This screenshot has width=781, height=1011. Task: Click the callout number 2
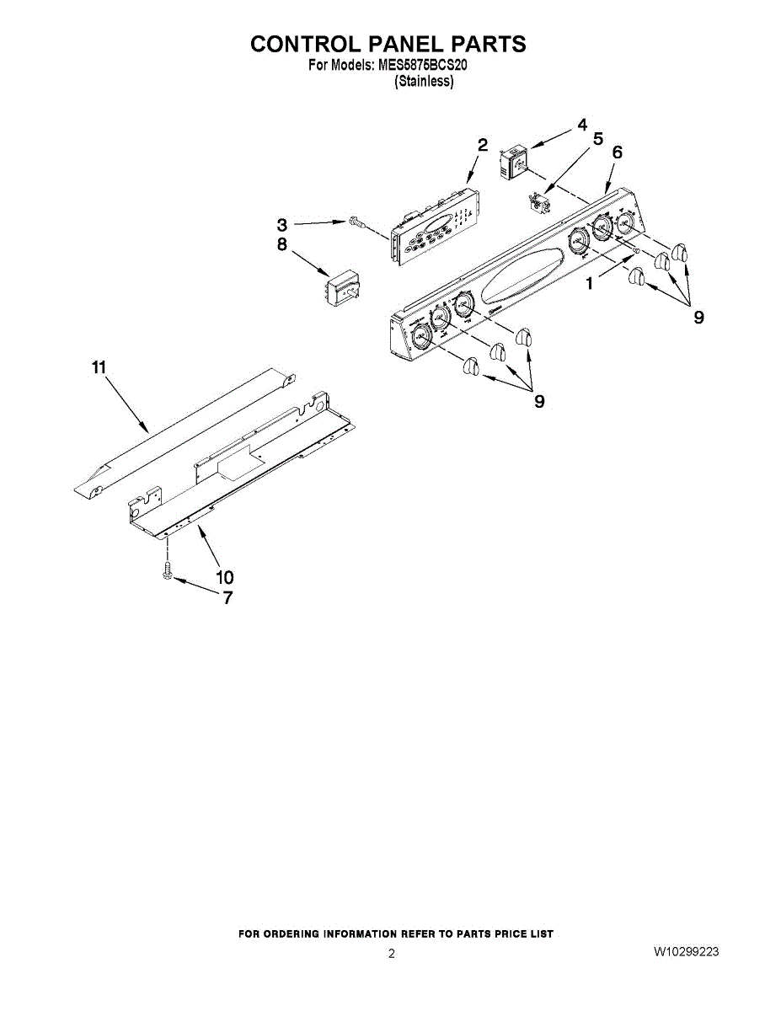(483, 144)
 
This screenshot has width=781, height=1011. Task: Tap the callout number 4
(582, 125)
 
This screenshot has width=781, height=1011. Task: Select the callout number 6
(618, 152)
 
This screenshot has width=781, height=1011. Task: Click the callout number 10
(224, 577)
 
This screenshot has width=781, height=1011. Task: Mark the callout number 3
(281, 225)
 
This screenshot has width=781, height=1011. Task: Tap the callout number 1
(590, 284)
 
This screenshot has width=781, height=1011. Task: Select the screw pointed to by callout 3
(355, 222)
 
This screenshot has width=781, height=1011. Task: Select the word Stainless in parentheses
(425, 82)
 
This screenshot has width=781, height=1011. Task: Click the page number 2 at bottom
(392, 954)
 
